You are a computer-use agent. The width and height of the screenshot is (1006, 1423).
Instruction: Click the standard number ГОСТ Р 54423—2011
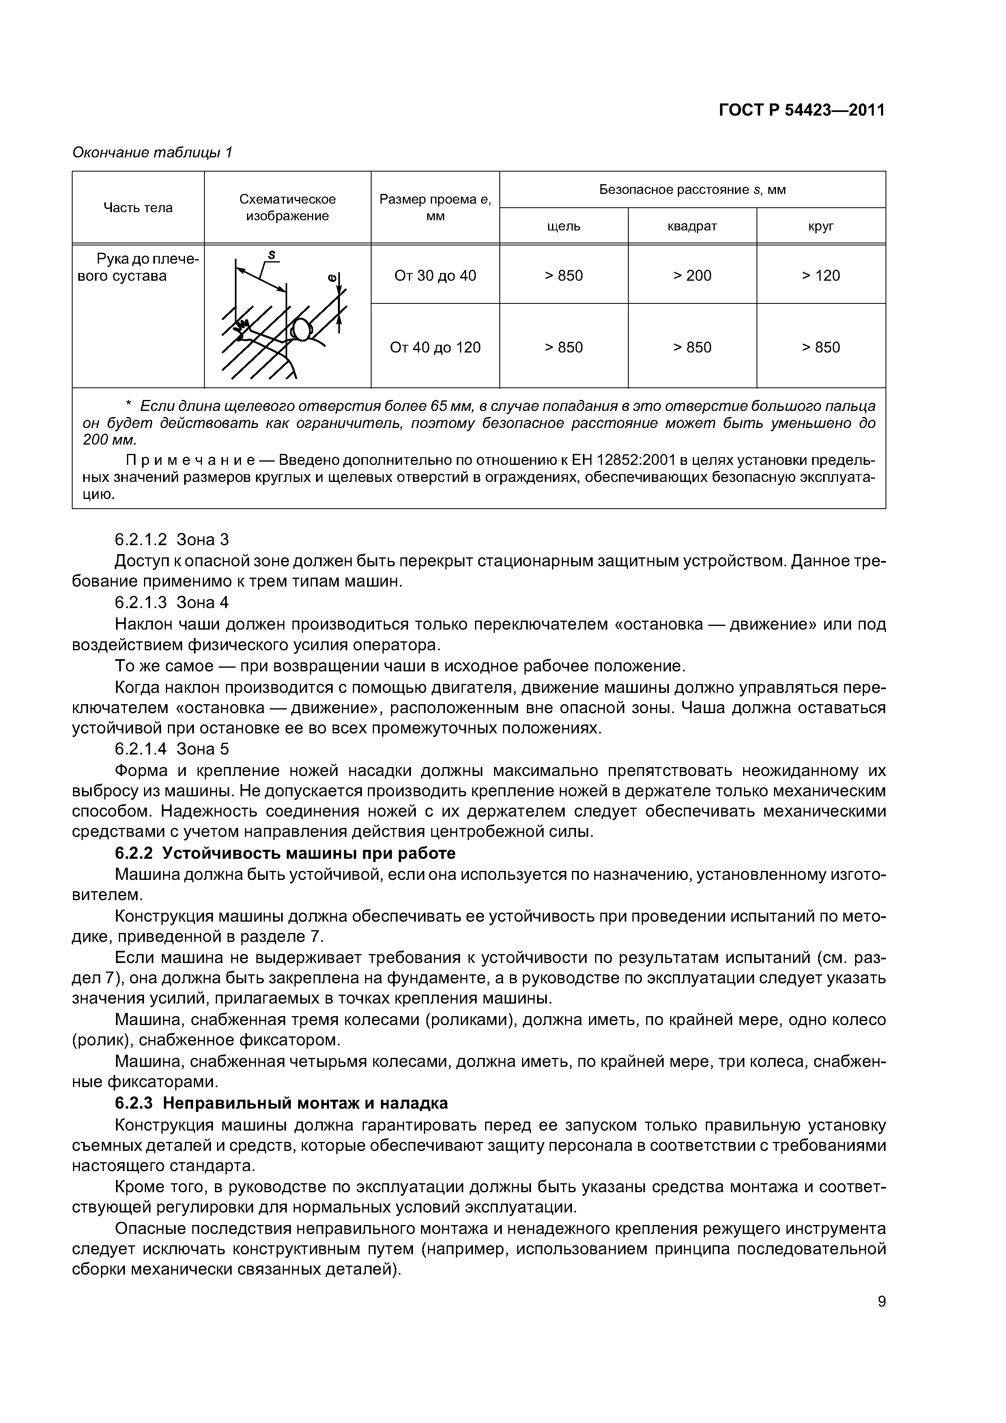(x=802, y=110)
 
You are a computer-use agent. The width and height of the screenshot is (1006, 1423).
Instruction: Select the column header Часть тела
(x=138, y=208)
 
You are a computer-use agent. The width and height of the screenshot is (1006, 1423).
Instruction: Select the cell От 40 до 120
(x=435, y=347)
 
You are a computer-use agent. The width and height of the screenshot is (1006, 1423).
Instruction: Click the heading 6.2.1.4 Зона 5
(x=172, y=749)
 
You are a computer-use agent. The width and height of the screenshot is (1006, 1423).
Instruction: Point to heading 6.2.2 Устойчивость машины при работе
(x=285, y=853)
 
